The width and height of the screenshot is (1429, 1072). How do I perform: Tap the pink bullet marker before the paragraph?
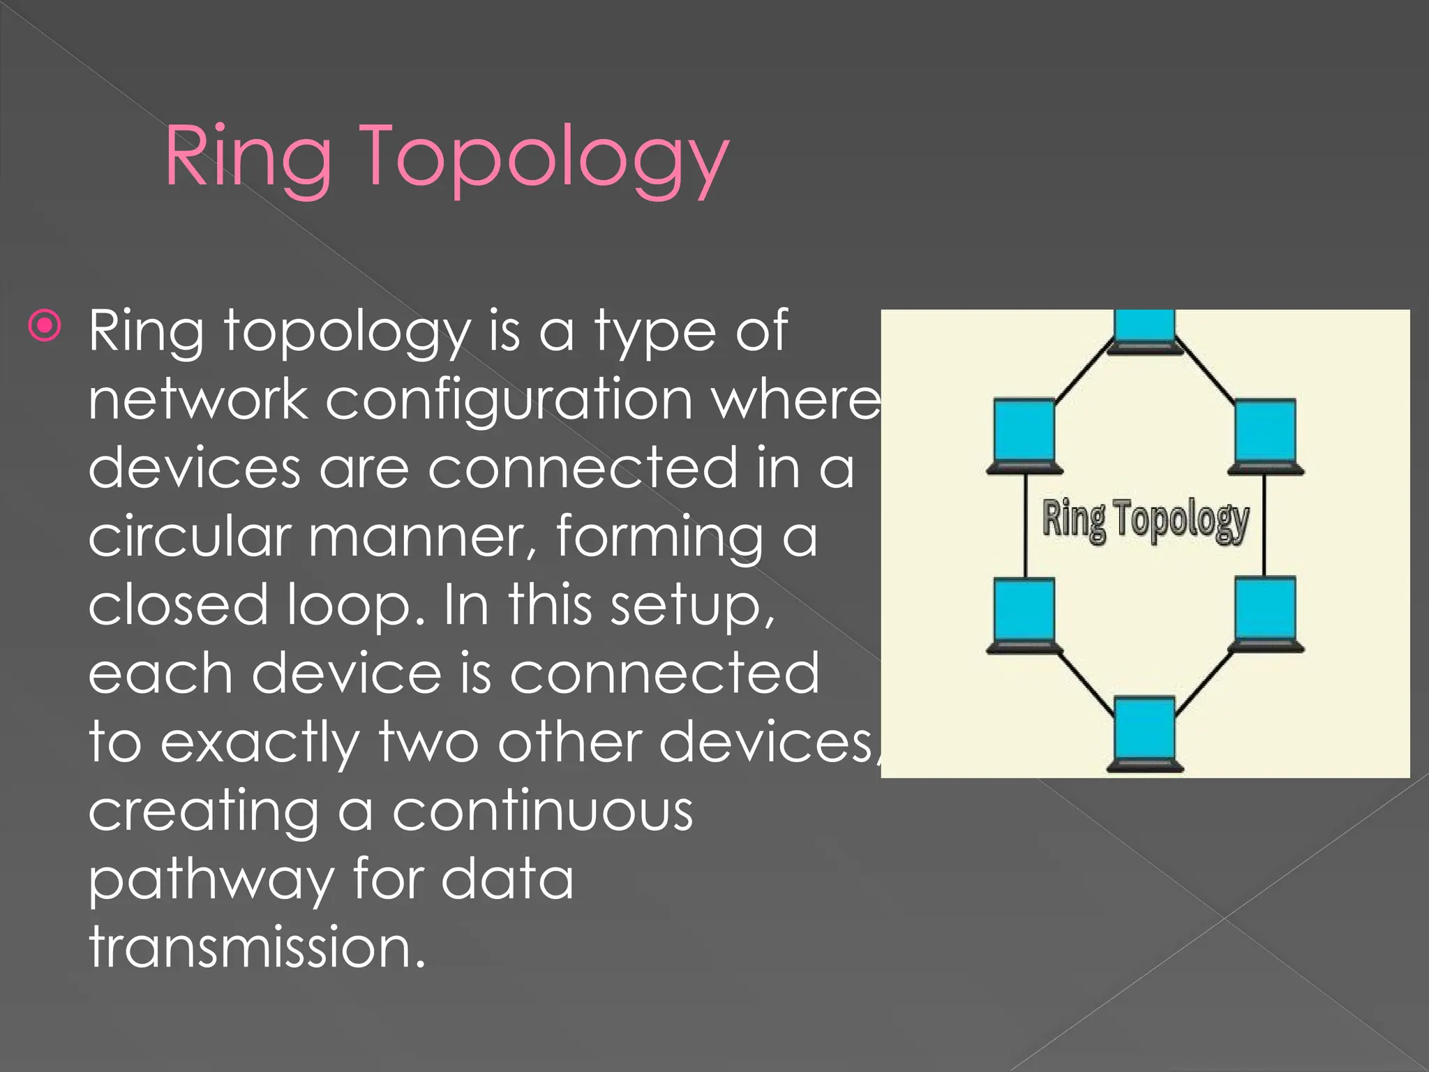point(45,325)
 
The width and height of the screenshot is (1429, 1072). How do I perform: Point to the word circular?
point(189,537)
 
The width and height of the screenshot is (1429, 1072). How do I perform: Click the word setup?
point(691,605)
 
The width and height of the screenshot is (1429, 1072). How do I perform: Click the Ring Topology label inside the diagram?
point(1145,520)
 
